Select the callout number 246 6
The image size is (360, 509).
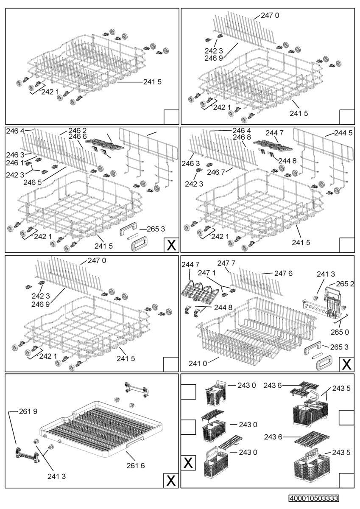[x=77, y=137]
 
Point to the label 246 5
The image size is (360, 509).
[x=32, y=182]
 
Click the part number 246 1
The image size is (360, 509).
[x=14, y=162]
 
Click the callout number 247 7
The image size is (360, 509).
[x=226, y=263]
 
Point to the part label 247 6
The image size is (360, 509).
[x=283, y=274]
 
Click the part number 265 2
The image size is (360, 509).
[x=346, y=284]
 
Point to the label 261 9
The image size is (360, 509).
[x=28, y=411]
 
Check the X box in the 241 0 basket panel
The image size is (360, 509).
[x=346, y=364]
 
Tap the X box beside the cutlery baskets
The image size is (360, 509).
[x=188, y=462]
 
